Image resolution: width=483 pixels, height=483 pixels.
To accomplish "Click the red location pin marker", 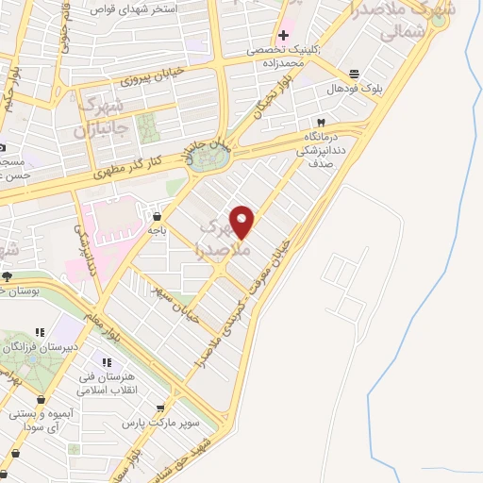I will [242, 220].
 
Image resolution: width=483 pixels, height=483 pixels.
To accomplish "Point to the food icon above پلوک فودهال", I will [354, 74].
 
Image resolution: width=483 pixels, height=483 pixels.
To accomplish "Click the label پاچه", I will [156, 229].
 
